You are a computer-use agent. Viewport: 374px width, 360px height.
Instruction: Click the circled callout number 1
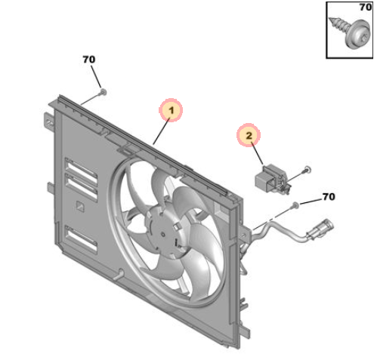click(x=171, y=110)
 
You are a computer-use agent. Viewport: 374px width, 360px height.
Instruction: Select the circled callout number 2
click(x=249, y=135)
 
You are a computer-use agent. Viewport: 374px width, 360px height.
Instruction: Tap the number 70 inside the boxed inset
click(x=365, y=7)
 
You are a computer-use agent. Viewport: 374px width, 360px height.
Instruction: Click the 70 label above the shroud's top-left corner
click(x=89, y=60)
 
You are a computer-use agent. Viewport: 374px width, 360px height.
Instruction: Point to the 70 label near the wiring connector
click(x=329, y=196)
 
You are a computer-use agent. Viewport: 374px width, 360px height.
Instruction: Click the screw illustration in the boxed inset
click(x=351, y=32)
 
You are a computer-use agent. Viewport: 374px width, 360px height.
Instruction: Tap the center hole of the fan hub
click(x=163, y=235)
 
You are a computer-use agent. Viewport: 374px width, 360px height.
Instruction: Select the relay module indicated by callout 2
click(x=272, y=179)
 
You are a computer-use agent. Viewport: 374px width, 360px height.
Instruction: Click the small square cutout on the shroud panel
click(x=80, y=206)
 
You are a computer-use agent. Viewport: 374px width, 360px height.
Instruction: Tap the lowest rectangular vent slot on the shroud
click(x=81, y=239)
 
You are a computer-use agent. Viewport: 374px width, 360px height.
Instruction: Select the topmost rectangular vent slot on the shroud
click(x=81, y=171)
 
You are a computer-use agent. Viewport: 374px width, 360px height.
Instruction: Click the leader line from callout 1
click(x=161, y=132)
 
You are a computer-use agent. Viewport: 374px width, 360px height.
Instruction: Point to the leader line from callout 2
click(x=257, y=153)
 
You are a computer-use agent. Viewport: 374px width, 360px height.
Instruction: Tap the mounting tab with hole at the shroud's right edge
click(x=245, y=235)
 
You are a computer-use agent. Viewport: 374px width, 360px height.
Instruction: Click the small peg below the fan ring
click(x=119, y=275)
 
